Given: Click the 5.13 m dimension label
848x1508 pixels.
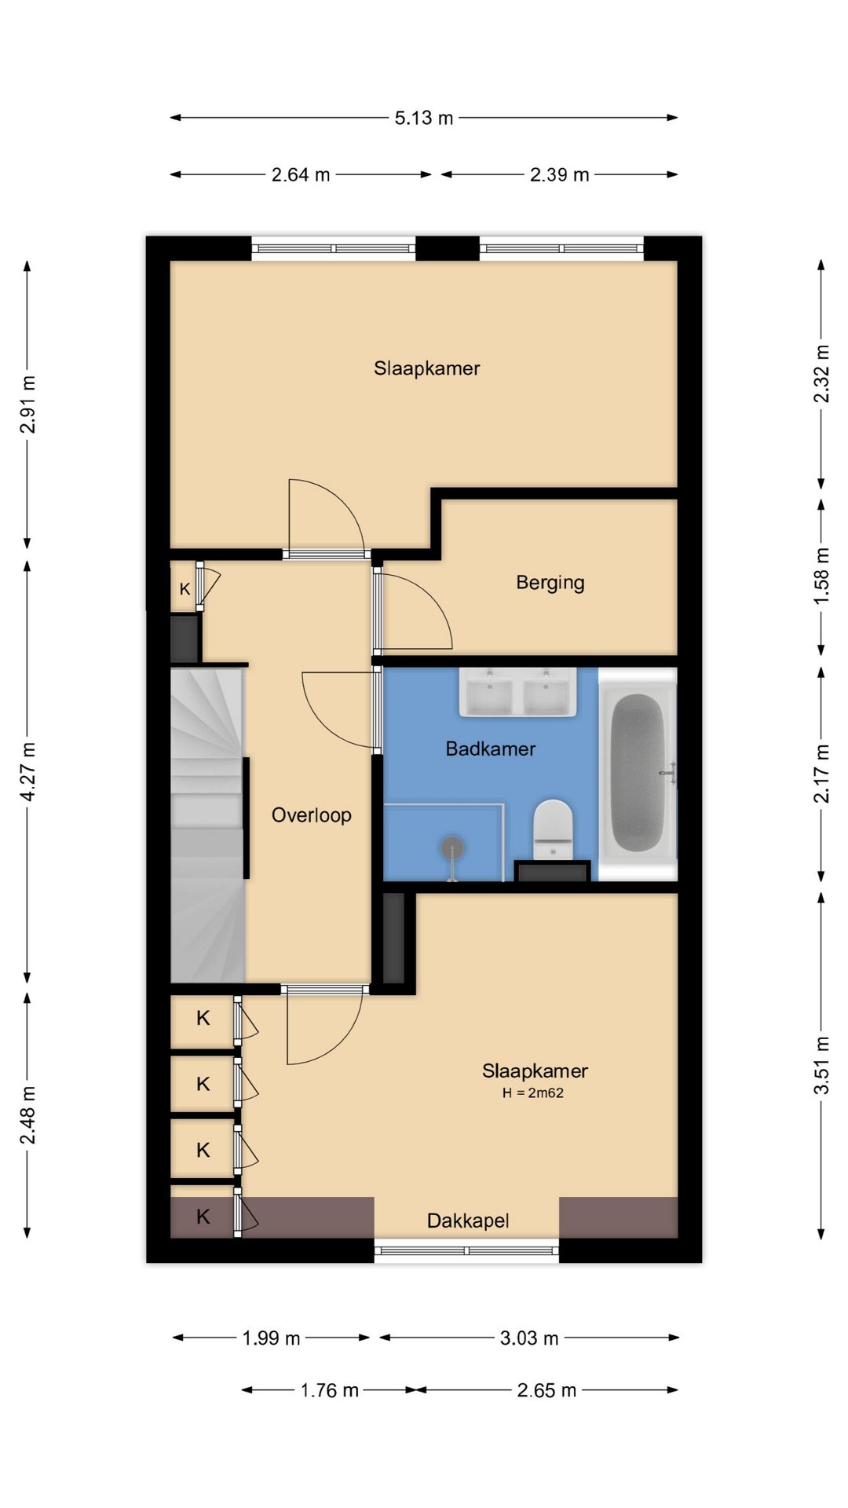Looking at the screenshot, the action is tap(424, 118).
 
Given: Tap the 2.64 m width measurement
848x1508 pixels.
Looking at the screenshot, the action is tap(301, 174).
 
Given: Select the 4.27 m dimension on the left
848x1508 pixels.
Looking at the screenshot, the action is tap(28, 771).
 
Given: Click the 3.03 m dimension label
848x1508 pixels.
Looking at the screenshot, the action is tap(529, 1338).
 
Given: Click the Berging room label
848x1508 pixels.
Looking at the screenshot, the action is tap(550, 583).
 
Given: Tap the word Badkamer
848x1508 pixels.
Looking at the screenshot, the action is tap(491, 749).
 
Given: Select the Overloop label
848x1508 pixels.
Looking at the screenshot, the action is tap(312, 815).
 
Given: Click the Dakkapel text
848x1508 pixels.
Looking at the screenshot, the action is tap(468, 1221).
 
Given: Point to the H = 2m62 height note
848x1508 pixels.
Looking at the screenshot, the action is tap(533, 1093).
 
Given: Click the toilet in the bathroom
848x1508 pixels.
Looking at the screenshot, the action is tap(553, 829).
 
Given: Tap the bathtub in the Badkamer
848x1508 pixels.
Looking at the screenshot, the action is tap(638, 774).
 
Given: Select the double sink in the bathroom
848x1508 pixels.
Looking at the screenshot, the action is tap(517, 692).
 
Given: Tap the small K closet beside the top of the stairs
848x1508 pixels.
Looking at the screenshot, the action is tap(185, 587).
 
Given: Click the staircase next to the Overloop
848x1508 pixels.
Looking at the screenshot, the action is tap(207, 825).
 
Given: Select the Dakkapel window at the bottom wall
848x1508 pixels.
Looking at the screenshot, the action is tap(466, 1250).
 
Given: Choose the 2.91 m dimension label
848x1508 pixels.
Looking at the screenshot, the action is tap(28, 404).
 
